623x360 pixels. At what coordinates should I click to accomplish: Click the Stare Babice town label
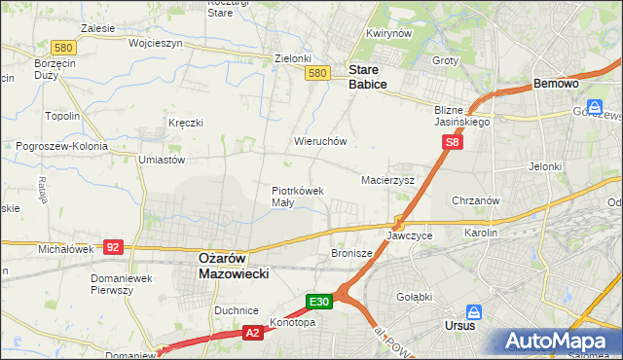pyautogui.click(x=368, y=77)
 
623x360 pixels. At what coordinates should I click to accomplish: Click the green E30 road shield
pyautogui.click(x=321, y=302)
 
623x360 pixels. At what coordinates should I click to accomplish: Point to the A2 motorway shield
pyautogui.click(x=252, y=333)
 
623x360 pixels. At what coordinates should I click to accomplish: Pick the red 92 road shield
pyautogui.click(x=112, y=247)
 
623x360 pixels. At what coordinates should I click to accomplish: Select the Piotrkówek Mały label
pyautogui.click(x=297, y=197)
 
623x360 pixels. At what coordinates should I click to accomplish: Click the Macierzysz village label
pyautogui.click(x=388, y=180)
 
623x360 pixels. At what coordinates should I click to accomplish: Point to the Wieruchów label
pyautogui.click(x=320, y=141)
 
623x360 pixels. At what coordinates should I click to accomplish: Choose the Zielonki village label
pyautogui.click(x=292, y=57)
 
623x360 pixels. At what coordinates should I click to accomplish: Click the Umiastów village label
pyautogui.click(x=162, y=159)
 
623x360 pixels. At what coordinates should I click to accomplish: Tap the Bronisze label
pyautogui.click(x=351, y=253)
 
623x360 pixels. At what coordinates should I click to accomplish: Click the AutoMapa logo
pyautogui.click(x=561, y=342)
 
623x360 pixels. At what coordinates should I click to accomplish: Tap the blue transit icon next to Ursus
pyautogui.click(x=474, y=312)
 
